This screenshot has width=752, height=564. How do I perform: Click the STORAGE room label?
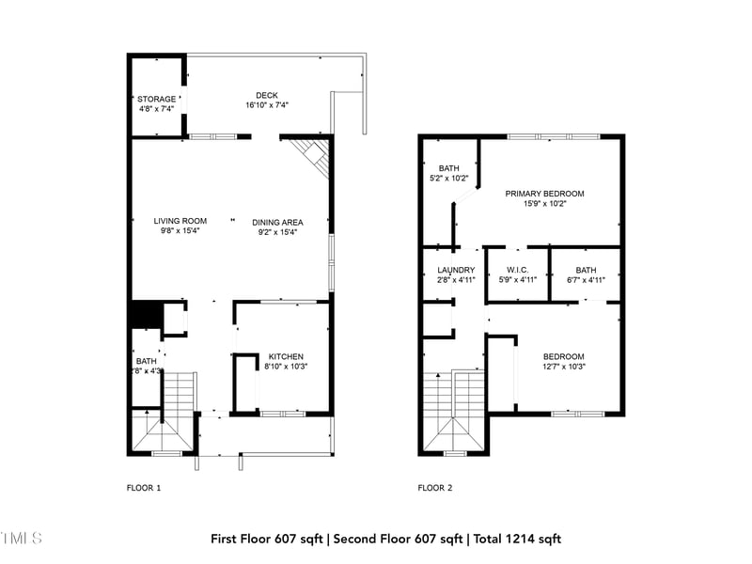pos(157,99)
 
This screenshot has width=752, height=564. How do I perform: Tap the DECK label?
pos(266,95)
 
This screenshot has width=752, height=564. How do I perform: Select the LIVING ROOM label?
pos(180,221)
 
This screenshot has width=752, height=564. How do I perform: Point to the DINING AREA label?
pos(277,222)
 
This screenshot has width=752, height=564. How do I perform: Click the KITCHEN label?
pos(286,356)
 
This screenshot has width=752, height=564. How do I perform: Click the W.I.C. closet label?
pos(517,270)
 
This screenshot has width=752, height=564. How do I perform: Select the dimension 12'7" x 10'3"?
pos(563,367)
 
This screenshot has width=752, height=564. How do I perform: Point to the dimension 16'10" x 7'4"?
pos(266,105)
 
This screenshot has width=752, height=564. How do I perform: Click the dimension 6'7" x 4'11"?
pos(586,279)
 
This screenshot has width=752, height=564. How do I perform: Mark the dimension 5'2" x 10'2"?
pos(448,178)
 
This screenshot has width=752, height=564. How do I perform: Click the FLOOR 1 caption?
pos(144,488)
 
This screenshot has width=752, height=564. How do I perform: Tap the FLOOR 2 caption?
pos(435,488)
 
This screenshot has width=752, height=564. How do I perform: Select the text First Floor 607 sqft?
pos(267,539)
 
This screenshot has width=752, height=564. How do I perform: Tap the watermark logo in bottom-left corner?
pos(21,539)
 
